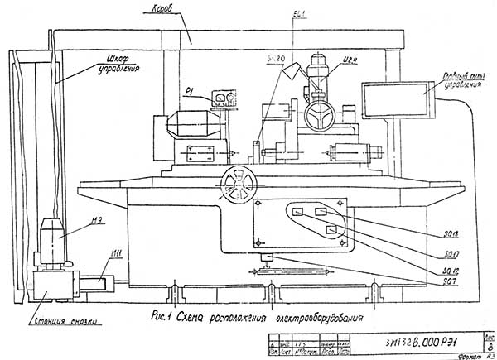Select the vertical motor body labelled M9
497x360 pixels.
point(55,238)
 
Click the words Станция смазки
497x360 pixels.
point(72,321)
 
